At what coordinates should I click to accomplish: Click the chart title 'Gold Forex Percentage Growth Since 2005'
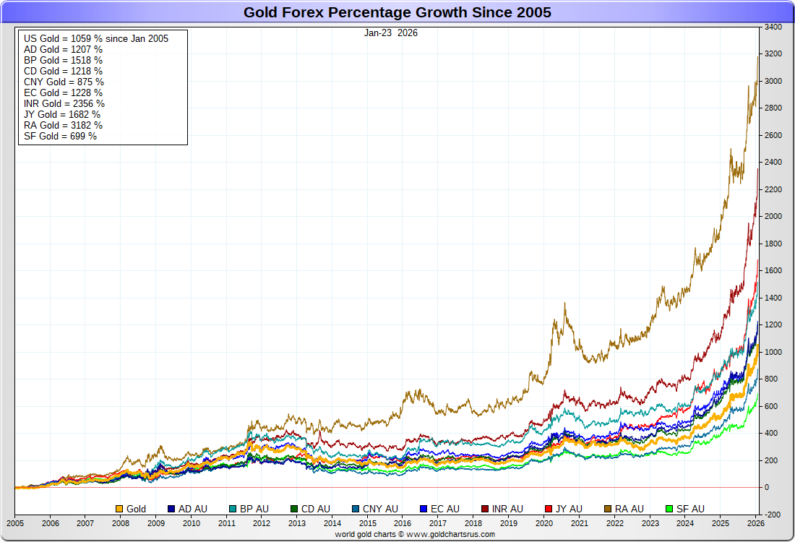[x=397, y=12]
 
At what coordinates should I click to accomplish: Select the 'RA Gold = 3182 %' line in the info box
[x=64, y=125]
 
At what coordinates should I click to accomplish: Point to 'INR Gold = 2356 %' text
[x=64, y=103]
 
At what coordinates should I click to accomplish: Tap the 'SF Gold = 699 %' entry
[x=61, y=136]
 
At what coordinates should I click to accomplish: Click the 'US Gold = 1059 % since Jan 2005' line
[x=96, y=38]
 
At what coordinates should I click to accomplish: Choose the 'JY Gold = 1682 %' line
[x=62, y=114]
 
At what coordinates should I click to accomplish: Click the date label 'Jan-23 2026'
[x=391, y=33]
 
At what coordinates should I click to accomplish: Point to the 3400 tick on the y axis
[x=773, y=27]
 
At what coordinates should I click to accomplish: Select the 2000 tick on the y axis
[x=773, y=217]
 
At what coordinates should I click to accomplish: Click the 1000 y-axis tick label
[x=773, y=352]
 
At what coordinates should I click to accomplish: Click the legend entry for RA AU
[x=629, y=509]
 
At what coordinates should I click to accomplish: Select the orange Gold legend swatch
[x=119, y=509]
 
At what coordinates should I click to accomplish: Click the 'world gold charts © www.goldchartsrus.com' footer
[x=415, y=534]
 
